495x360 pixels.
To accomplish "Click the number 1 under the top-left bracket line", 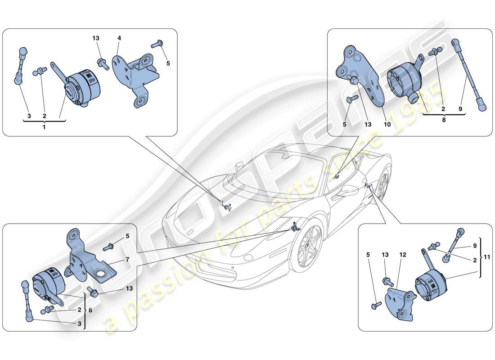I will click(44, 127).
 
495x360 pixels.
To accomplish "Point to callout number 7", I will click(127, 260).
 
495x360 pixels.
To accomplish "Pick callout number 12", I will click(403, 255).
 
